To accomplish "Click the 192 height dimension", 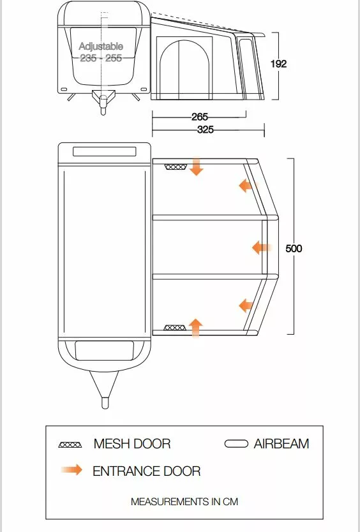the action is coord(279,64).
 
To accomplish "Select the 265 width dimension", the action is coord(199,117).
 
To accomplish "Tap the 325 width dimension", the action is coord(206,129).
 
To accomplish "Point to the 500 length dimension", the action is coord(294,248).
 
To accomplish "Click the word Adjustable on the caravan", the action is coord(101,46).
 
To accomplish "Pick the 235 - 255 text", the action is coord(101,58).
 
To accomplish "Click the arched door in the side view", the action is coord(184,70).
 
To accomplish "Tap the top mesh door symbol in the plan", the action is coord(176,167).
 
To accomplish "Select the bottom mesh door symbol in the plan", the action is coord(175,328).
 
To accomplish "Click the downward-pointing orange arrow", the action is coord(196,166).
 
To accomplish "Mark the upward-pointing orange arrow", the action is coord(195,328).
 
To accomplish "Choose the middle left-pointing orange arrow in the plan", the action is coord(262,248).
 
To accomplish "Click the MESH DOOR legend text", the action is coord(132,444).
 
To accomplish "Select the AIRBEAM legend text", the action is coord(281,444).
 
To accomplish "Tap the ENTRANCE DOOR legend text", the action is coord(146,471).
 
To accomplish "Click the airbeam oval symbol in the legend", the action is coord(236,444).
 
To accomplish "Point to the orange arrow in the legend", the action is coord(72,470).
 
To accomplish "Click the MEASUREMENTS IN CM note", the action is coord(184,501).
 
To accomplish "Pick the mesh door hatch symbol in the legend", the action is coord(70,445).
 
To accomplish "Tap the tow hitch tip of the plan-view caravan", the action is coord(105,407).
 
